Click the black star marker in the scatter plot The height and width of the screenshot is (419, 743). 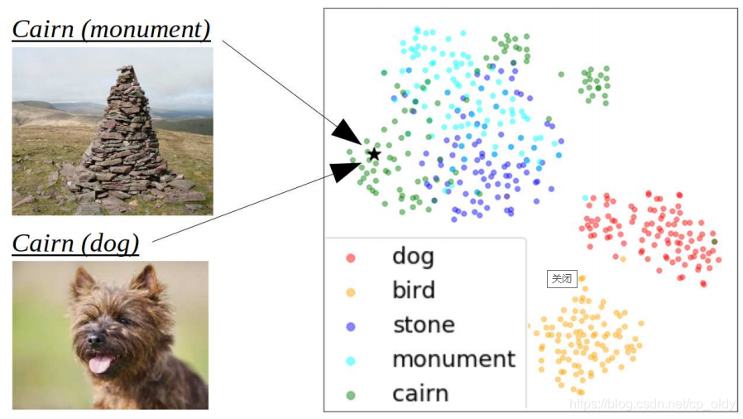click(x=374, y=153)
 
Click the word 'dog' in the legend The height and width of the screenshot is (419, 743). click(x=413, y=256)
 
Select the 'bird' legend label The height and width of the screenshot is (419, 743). click(x=413, y=290)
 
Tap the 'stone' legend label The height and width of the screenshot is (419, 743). click(x=423, y=325)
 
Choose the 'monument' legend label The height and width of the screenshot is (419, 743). click(x=453, y=359)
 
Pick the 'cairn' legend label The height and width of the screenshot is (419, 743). click(x=420, y=393)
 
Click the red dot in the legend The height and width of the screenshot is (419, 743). click(x=351, y=257)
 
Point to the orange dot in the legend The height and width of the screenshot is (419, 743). click(x=351, y=291)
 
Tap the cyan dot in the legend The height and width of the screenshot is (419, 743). click(x=351, y=360)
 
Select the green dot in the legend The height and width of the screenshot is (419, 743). click(x=351, y=394)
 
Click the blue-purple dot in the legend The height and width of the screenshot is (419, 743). click(x=351, y=325)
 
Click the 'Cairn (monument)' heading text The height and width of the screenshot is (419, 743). click(x=112, y=30)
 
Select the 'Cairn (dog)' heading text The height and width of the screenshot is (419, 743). click(x=75, y=243)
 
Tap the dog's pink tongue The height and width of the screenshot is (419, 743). click(x=101, y=364)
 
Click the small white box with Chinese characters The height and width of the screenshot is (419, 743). click(x=562, y=278)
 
